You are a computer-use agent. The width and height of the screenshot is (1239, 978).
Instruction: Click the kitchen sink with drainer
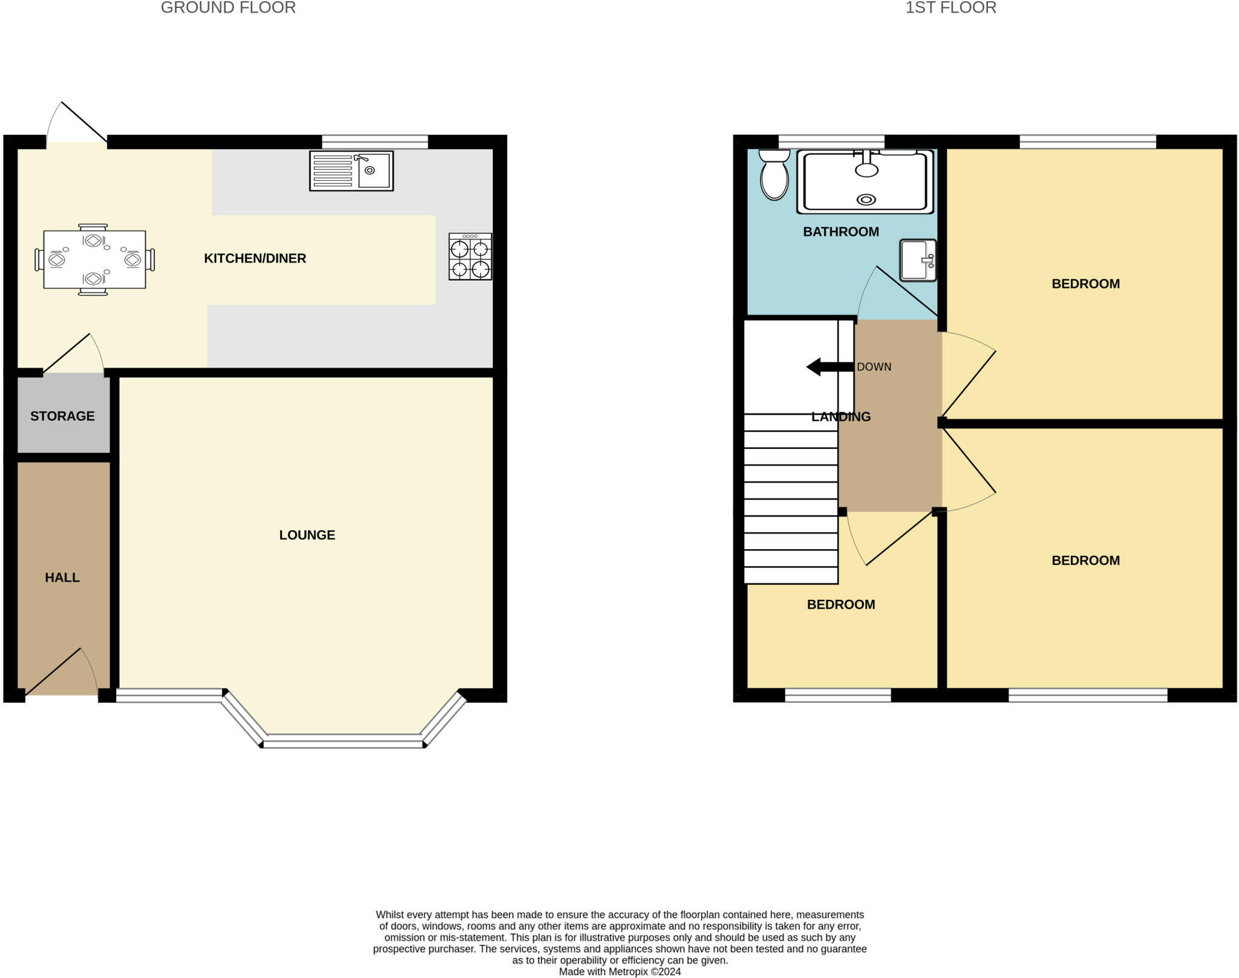351,171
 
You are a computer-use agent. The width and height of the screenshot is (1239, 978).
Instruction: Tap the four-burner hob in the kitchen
470,256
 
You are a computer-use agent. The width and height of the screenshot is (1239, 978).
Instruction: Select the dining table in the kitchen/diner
94,259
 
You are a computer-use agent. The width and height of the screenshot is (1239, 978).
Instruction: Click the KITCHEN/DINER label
255,259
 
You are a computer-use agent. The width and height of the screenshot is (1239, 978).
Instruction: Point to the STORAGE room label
62,416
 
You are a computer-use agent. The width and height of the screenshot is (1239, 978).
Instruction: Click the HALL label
62,578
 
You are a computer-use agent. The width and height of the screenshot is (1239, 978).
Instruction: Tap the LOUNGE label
307,535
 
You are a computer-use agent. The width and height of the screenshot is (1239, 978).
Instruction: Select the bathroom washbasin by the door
918,261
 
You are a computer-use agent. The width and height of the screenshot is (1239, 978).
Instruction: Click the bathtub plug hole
866,200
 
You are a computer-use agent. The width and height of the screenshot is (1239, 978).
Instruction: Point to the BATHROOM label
841,232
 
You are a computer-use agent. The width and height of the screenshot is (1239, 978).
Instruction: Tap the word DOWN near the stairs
874,367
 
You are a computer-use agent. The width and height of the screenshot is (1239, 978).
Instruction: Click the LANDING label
841,417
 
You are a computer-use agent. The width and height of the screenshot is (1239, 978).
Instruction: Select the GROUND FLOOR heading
228,8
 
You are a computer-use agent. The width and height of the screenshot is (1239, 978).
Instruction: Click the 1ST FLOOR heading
950,8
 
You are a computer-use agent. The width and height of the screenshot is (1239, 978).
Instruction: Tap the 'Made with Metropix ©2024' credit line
619,972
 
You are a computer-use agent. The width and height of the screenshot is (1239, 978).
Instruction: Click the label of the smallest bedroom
841,605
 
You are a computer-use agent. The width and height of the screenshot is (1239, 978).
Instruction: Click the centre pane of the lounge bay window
343,742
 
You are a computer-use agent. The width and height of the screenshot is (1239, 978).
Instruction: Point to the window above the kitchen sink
375,142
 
